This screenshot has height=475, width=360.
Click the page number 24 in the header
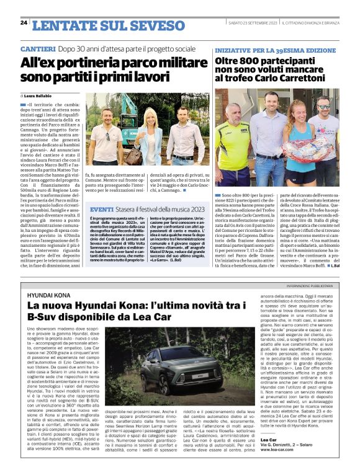24,22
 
